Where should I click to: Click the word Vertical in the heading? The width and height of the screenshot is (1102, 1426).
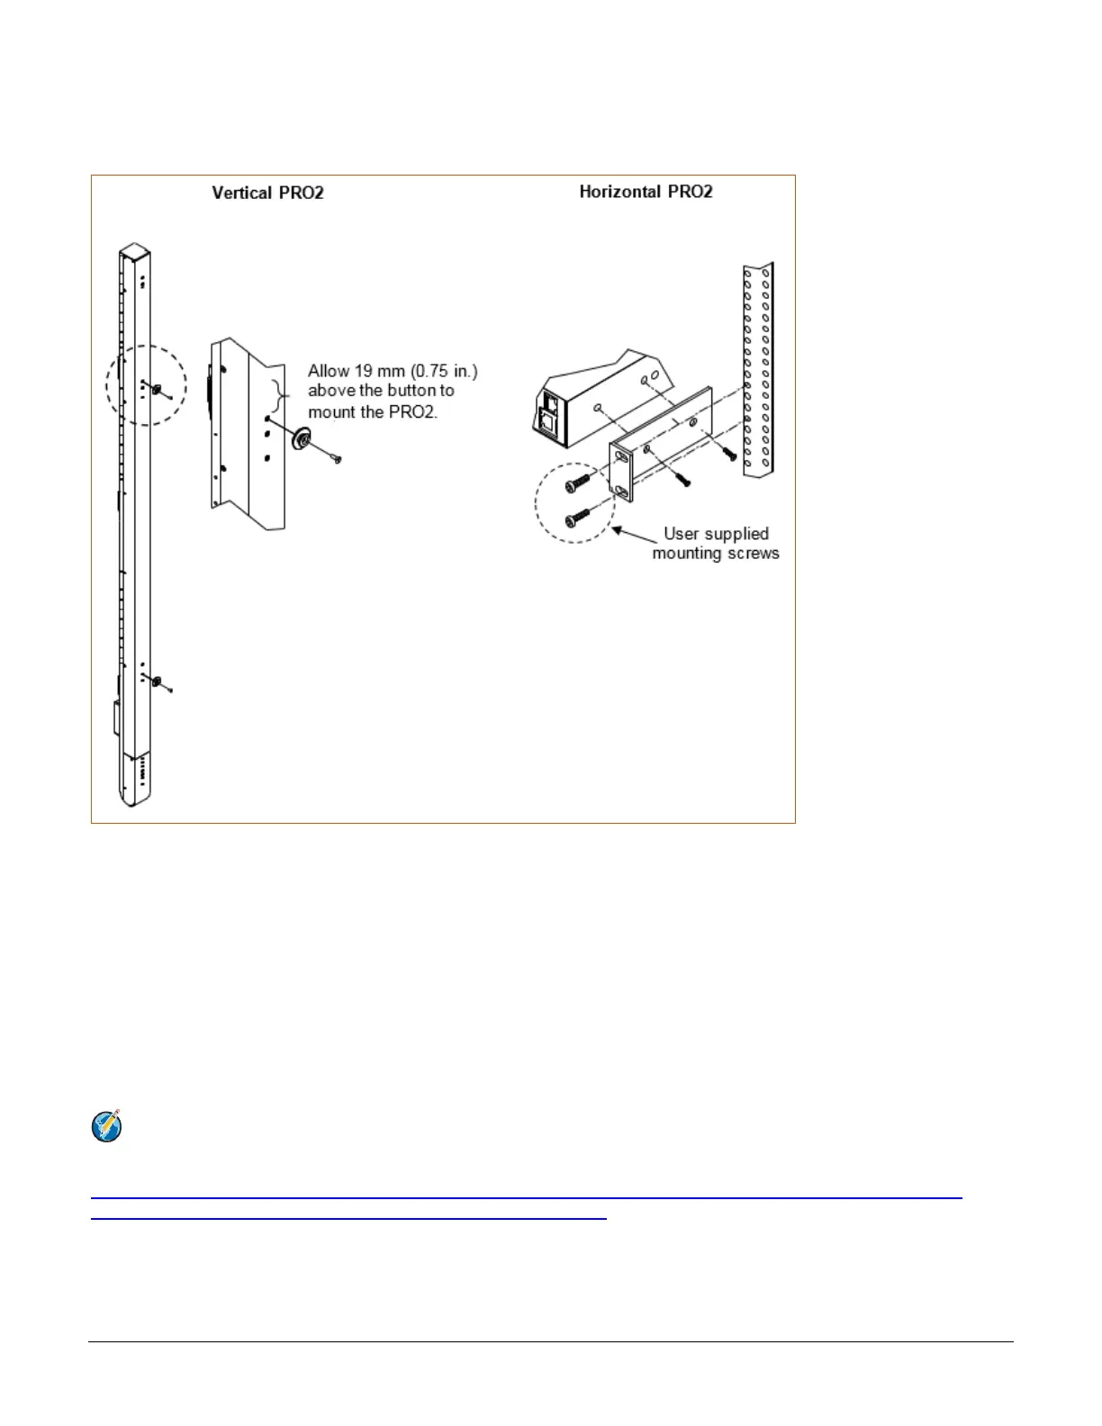pyautogui.click(x=241, y=193)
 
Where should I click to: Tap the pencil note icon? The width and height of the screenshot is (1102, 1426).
pyautogui.click(x=107, y=1126)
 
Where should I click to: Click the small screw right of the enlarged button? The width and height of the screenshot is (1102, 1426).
pyautogui.click(x=336, y=458)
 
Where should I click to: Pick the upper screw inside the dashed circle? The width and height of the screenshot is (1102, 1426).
pyautogui.click(x=576, y=483)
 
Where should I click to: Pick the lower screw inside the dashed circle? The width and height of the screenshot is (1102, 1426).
pyautogui.click(x=576, y=519)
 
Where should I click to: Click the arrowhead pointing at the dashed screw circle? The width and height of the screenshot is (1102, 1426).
pyautogui.click(x=619, y=530)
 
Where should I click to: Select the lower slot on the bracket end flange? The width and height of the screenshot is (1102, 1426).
pyautogui.click(x=621, y=491)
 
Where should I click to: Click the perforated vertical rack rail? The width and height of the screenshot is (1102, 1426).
pyautogui.click(x=758, y=369)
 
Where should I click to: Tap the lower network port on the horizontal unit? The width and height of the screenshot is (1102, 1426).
pyautogui.click(x=546, y=420)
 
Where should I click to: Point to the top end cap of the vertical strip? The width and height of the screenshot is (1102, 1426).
pyautogui.click(x=134, y=251)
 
